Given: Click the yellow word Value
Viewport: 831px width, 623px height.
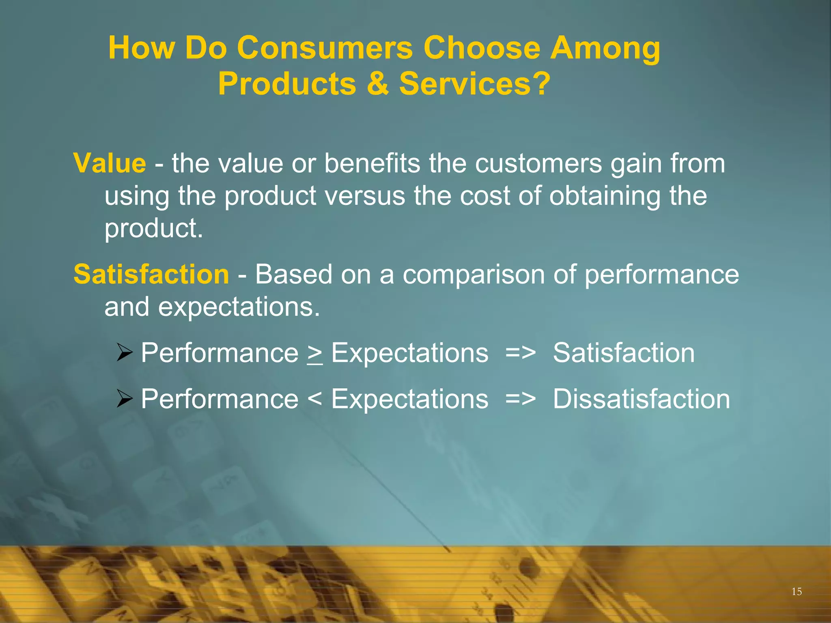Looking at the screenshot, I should pyautogui.click(x=110, y=163).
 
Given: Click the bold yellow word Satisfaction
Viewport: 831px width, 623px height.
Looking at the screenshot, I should pyautogui.click(x=151, y=274).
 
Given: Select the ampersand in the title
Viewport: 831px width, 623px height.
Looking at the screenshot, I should pyautogui.click(x=377, y=84).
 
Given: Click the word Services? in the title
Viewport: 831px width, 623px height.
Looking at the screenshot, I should pyautogui.click(x=475, y=84).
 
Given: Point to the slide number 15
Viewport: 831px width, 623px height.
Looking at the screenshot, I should pyautogui.click(x=797, y=591).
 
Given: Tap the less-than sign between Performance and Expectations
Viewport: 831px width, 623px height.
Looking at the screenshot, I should pyautogui.click(x=315, y=399).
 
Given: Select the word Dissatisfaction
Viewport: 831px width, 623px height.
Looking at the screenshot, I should pyautogui.click(x=642, y=399).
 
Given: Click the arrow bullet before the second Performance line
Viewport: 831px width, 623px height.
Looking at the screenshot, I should pyautogui.click(x=125, y=398).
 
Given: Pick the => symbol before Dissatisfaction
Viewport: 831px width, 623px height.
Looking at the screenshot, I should pyautogui.click(x=521, y=399).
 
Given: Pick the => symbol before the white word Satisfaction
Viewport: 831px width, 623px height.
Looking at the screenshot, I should pyautogui.click(x=521, y=353).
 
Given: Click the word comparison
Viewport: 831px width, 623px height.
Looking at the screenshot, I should pyautogui.click(x=474, y=275).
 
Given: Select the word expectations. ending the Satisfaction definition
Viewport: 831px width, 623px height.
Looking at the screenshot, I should pyautogui.click(x=239, y=307).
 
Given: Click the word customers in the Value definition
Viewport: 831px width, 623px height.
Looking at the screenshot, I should pyautogui.click(x=538, y=163).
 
